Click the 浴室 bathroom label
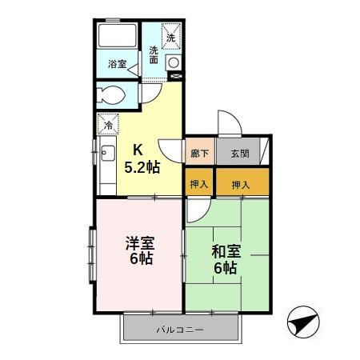click(x=117, y=63)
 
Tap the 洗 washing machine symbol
click(x=171, y=34)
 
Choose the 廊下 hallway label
click(x=198, y=154)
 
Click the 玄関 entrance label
click(x=239, y=154)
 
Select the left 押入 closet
click(x=199, y=185)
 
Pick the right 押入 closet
click(x=241, y=185)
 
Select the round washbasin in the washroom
click(x=172, y=62)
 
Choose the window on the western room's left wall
click(x=92, y=256)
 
